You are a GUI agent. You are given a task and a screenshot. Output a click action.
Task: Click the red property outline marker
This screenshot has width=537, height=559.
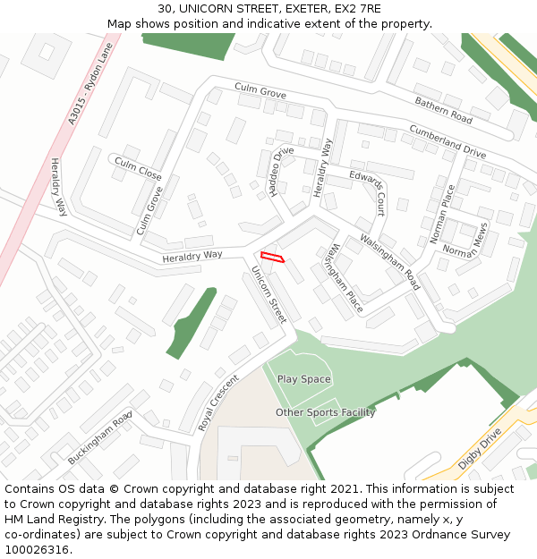tap(272, 258)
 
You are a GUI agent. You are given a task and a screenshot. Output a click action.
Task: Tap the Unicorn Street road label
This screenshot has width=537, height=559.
tap(268, 294)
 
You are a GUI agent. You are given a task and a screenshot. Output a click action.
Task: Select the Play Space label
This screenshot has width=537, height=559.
tap(303, 379)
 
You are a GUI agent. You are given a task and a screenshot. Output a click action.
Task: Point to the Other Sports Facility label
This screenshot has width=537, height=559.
tap(325, 412)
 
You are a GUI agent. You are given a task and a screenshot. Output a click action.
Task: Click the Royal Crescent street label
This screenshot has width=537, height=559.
tap(218, 403)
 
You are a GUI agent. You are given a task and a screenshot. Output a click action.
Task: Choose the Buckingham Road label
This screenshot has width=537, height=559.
tap(99, 437)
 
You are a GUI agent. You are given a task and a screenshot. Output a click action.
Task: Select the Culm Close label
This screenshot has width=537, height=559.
tap(137, 167)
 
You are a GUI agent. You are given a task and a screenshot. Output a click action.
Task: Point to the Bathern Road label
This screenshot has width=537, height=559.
tap(443, 111)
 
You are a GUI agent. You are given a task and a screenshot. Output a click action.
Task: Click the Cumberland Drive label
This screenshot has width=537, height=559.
tap(447, 141)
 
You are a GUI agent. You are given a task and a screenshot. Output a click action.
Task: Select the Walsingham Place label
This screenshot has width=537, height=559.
tap(344, 278)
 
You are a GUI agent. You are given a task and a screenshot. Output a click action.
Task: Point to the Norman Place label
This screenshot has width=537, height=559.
tap(442, 214)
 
